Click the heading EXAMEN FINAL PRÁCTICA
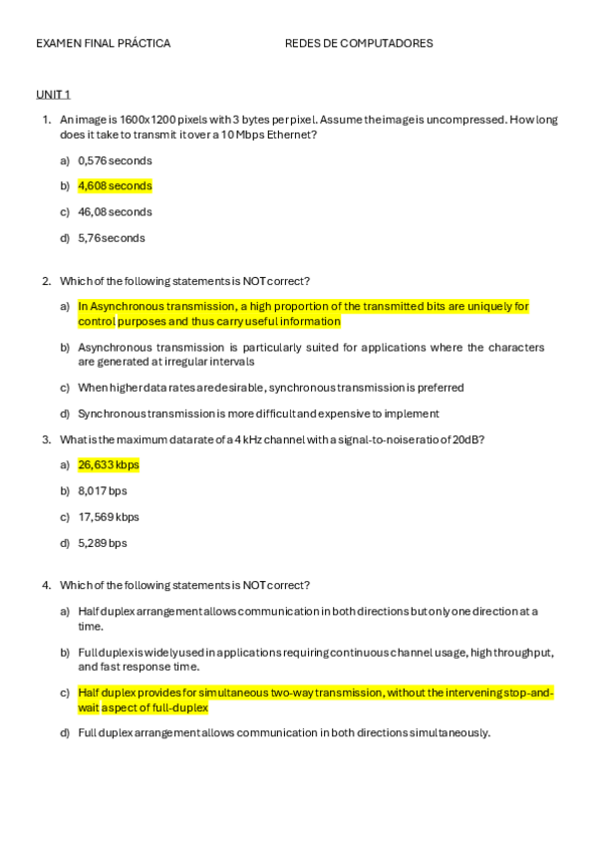103,44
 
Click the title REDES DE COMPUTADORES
359,44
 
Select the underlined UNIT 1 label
53,94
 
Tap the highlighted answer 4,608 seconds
115,186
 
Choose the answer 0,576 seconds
115,160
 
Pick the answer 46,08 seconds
115,212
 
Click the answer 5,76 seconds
111,238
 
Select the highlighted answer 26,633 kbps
109,464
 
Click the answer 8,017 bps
103,490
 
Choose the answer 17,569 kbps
109,517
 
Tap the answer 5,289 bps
103,543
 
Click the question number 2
46,281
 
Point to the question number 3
46,438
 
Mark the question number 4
46,585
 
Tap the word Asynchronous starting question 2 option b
115,348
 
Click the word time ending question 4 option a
90,627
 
